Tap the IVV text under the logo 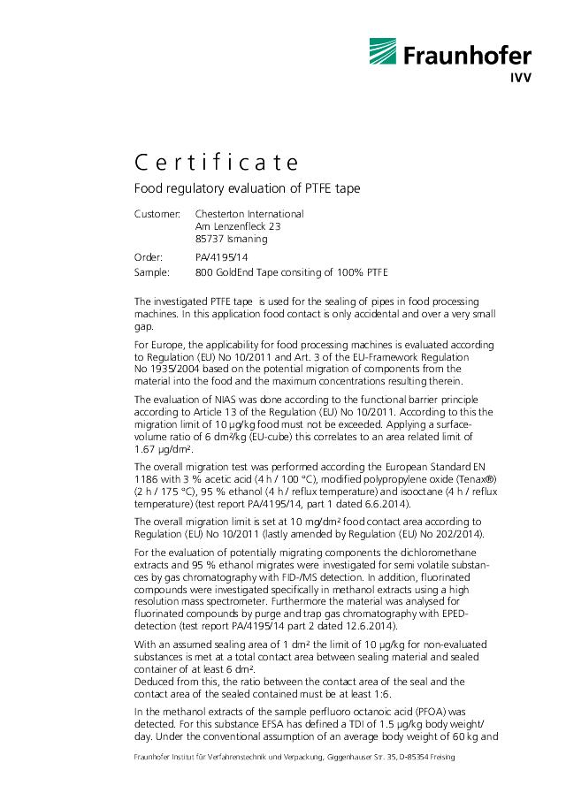[x=519, y=78]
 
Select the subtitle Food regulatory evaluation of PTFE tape [x=246, y=189]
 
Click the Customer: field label [x=157, y=214]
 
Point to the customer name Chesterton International [x=249, y=214]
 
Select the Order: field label [x=148, y=257]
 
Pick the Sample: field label [x=151, y=271]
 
